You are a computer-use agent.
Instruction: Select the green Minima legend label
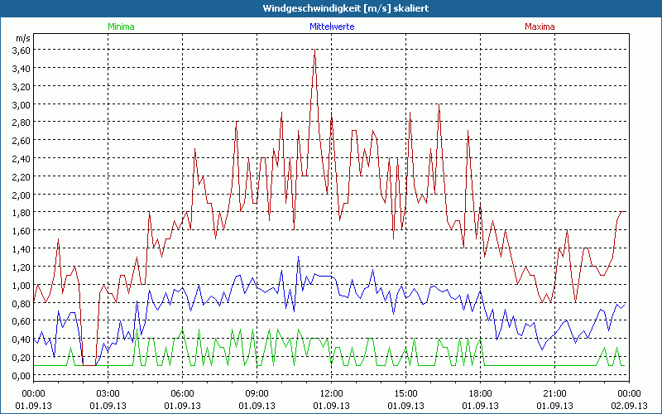click(120, 26)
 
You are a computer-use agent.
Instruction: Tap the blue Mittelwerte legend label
click(331, 26)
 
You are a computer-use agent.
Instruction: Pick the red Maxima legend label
click(540, 26)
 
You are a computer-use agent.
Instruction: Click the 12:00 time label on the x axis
click(331, 393)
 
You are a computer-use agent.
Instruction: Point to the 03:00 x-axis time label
click(108, 393)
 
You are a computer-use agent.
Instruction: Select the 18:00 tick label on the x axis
click(480, 393)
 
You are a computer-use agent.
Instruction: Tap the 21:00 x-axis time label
click(554, 393)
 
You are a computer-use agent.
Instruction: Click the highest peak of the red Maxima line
click(314, 51)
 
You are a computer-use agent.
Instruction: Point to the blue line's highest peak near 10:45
click(299, 257)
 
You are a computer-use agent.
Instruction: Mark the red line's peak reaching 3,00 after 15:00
click(439, 104)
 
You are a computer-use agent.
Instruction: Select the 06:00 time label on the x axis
click(183, 393)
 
